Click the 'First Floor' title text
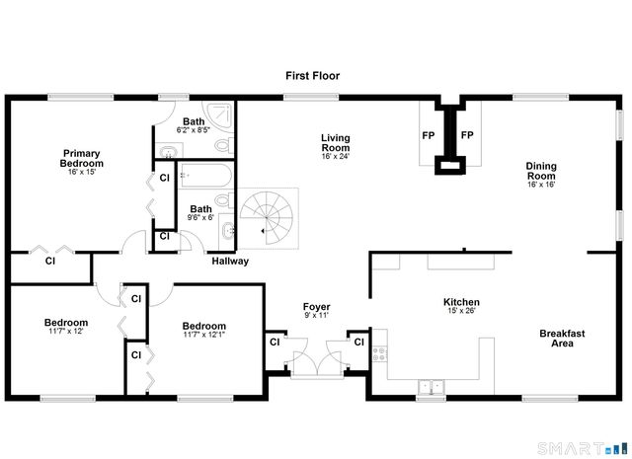313,75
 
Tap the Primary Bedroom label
81,159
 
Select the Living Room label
336,142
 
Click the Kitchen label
461,302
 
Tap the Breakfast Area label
562,339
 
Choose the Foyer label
316,307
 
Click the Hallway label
230,262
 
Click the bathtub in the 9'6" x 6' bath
205,179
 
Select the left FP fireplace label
429,135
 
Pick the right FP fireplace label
468,135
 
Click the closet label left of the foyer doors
274,343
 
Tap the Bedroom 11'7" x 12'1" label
204,326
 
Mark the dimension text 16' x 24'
336,156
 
